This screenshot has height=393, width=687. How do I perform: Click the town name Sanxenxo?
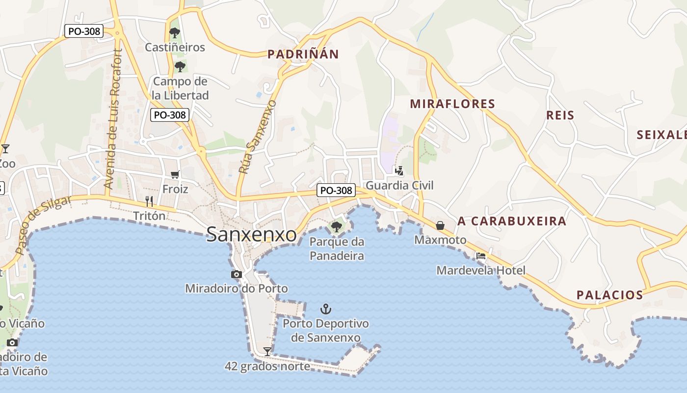pos(251,234)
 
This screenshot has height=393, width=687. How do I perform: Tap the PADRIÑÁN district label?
pos(303,54)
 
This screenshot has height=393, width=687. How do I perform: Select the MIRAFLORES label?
pos(452,104)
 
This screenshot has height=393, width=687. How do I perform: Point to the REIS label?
pos(560,115)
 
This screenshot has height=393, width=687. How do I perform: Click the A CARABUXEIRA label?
pos(512,221)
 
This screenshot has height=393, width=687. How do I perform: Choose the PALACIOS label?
pos(609,295)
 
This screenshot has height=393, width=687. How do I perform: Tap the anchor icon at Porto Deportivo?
pos(326,309)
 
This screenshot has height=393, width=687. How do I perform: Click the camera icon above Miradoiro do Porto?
pos(237,274)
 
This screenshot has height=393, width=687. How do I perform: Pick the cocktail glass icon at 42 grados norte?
pos(267,351)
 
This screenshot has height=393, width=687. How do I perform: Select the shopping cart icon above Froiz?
pos(175,174)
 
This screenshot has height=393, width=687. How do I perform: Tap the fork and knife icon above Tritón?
pos(149,201)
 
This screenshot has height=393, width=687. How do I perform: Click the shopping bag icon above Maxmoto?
pos(440,225)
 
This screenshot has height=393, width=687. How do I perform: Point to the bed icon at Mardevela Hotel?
pos(481,256)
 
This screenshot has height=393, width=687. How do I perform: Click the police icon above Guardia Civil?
pos(399,171)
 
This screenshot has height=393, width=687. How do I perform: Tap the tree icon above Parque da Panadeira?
pos(336,226)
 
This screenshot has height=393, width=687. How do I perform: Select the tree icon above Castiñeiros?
pos(174,33)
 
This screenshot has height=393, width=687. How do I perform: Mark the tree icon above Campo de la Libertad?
pos(180,66)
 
